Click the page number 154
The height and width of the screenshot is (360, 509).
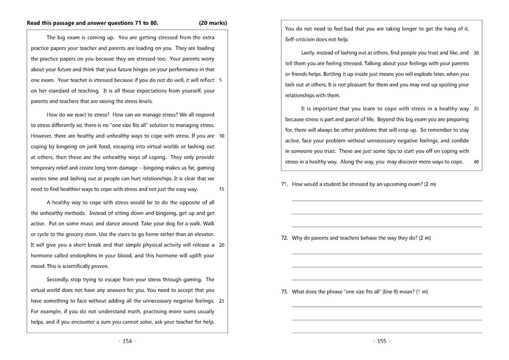point(127,341)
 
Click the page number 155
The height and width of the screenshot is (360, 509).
point(381,341)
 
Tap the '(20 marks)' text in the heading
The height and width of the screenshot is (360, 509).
point(213,23)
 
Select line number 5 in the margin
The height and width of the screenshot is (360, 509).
point(220,80)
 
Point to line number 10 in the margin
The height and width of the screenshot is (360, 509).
point(221,136)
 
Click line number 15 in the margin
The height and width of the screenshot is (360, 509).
point(221,189)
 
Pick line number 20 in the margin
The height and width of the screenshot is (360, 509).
point(221,245)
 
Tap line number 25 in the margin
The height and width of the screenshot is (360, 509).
point(221,300)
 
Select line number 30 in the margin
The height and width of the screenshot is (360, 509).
point(476,53)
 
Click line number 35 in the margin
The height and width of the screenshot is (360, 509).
point(476,108)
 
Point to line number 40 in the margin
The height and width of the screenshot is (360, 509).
point(476,162)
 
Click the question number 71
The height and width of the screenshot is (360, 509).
point(284,184)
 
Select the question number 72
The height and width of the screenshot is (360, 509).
point(284,238)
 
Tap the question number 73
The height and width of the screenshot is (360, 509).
point(284,292)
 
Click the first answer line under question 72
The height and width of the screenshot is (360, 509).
point(386,254)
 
